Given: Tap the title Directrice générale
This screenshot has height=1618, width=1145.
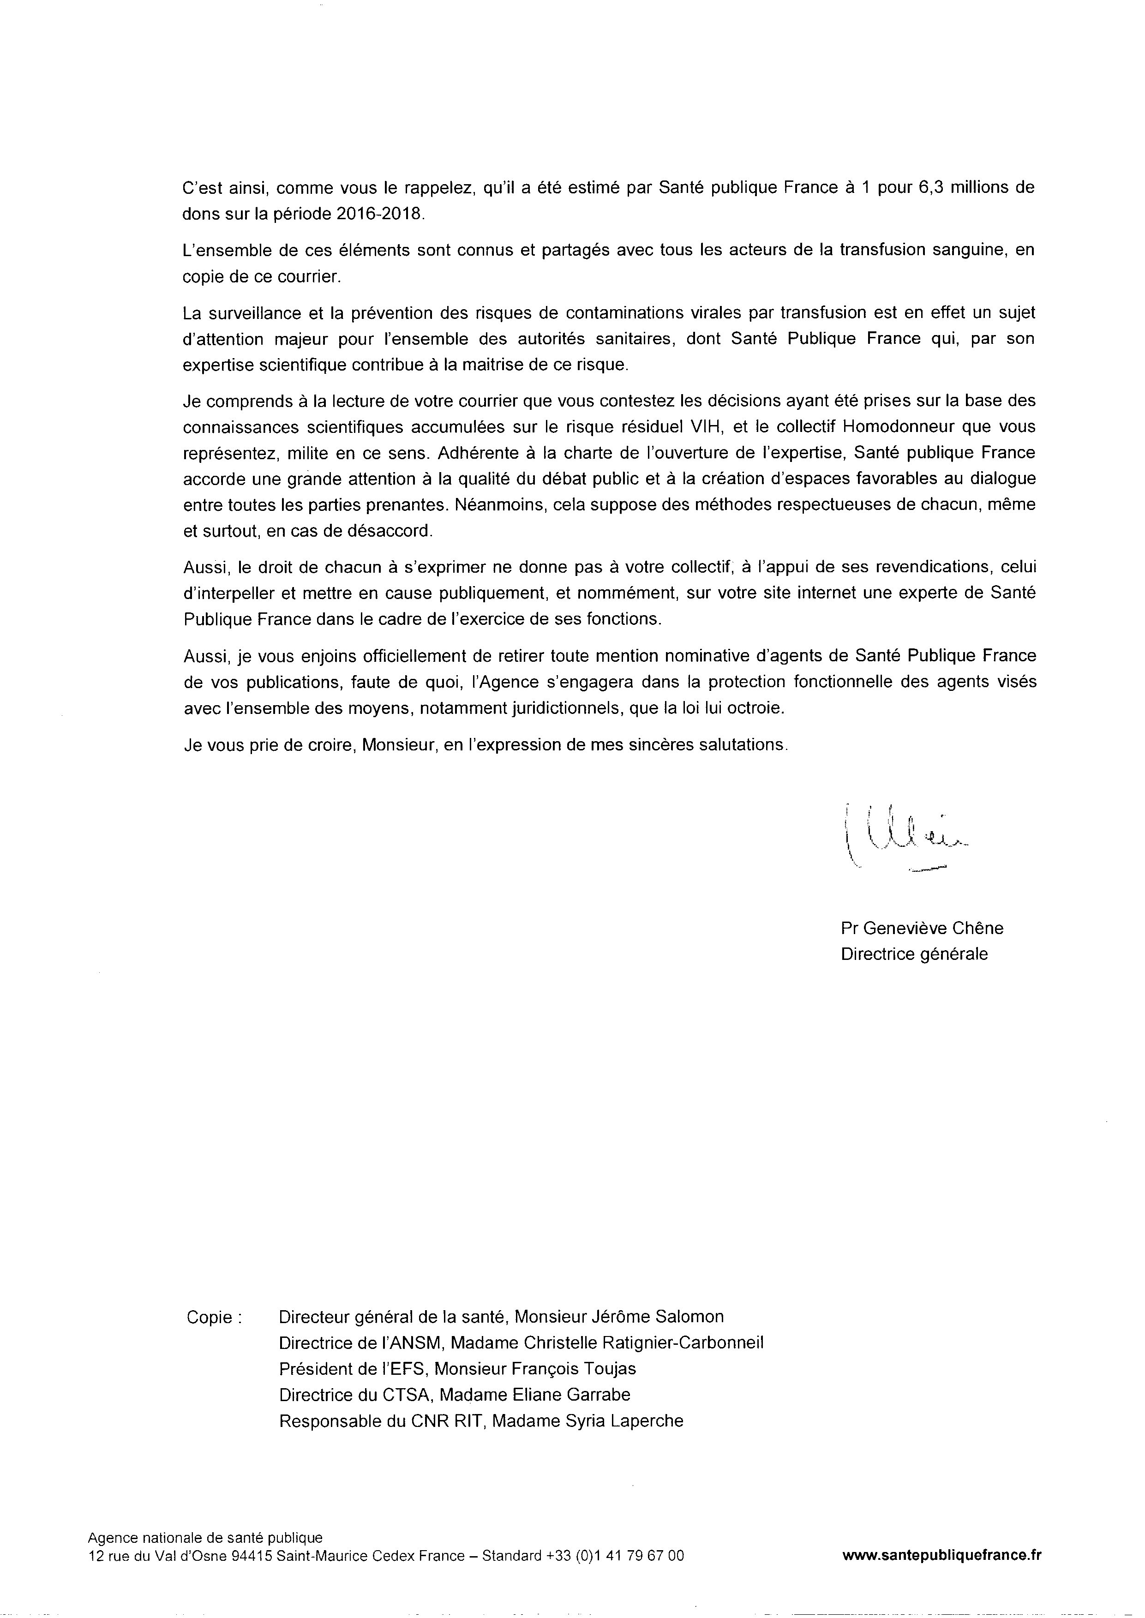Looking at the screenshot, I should coord(914,954).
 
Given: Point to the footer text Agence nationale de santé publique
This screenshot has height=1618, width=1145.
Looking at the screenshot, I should coord(205,1538).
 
